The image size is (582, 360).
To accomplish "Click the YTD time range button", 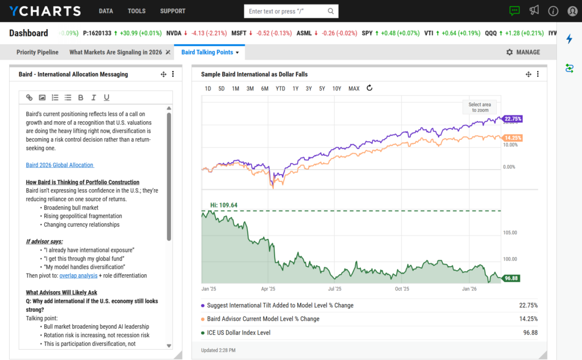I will pyautogui.click(x=280, y=89).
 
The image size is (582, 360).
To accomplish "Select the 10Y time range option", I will pyautogui.click(x=336, y=89).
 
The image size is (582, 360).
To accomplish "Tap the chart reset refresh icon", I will pyautogui.click(x=369, y=88).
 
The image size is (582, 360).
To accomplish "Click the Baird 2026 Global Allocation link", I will pyautogui.click(x=60, y=165).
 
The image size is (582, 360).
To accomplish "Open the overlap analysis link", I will pyautogui.click(x=78, y=276).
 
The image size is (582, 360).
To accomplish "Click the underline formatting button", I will pyautogui.click(x=106, y=98).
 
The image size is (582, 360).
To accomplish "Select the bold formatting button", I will pyautogui.click(x=81, y=98).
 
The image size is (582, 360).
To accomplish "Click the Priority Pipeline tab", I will pyautogui.click(x=38, y=52).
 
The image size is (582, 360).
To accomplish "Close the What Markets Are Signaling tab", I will pyautogui.click(x=168, y=52).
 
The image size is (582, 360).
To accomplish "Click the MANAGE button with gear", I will pyautogui.click(x=523, y=52).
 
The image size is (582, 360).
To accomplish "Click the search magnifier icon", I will pyautogui.click(x=331, y=11).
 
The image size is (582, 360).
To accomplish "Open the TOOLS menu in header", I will pyautogui.click(x=136, y=11).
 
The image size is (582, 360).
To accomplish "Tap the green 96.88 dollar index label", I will pyautogui.click(x=512, y=279).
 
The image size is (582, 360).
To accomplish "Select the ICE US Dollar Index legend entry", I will pyautogui.click(x=239, y=333).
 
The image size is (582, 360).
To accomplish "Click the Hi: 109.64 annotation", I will pyautogui.click(x=224, y=205).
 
